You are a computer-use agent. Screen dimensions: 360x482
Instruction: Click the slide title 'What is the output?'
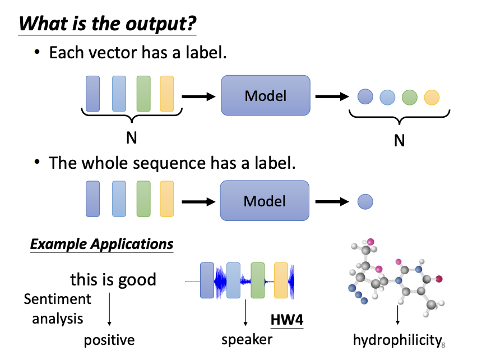[107, 24]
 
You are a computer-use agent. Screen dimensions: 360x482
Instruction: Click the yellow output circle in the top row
[431, 97]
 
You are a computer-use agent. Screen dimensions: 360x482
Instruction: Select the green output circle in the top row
[409, 97]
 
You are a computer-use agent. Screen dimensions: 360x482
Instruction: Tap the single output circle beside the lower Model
[365, 201]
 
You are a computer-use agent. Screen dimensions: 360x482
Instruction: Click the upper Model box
[265, 96]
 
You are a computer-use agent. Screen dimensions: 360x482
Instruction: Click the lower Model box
[265, 201]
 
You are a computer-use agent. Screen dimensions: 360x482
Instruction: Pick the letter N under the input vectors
[131, 137]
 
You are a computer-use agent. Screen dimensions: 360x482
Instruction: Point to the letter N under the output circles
[399, 140]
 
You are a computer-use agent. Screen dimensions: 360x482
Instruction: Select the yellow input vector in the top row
[167, 94]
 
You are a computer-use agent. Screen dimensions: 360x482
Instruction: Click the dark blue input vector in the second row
[93, 199]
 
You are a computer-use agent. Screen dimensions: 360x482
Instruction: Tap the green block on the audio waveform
[257, 280]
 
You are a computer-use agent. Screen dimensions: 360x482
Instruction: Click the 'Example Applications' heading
[101, 244]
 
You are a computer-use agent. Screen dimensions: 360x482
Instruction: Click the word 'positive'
[109, 340]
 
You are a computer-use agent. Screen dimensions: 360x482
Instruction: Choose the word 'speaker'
[247, 339]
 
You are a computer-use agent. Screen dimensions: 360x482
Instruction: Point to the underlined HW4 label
[286, 320]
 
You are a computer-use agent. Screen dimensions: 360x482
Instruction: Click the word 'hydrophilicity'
[396, 340]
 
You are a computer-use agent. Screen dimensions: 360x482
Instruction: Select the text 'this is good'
[113, 279]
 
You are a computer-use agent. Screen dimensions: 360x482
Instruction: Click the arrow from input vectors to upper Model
[198, 96]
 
